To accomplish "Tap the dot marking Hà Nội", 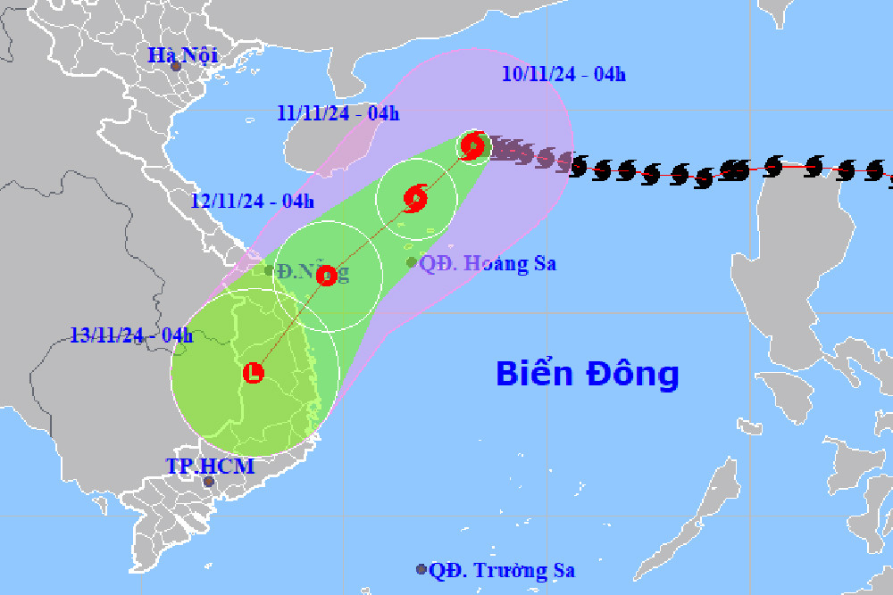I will point(176,67).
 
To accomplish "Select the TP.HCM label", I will point(210,466).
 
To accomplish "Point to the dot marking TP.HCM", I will point(209,482).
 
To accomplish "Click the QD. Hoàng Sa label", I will point(488,264).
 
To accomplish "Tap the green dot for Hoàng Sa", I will point(412,262).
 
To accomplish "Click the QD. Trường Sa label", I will point(502,570).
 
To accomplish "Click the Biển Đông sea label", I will point(588,374).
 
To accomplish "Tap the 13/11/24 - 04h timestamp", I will point(132,335).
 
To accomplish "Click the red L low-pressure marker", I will point(255,372).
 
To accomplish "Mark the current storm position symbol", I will point(473,145).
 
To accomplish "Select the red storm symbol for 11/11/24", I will point(415,198).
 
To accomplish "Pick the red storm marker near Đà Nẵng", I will point(326,276).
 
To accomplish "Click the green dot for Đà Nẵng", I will point(269,270).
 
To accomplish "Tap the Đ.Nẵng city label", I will point(312,271).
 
